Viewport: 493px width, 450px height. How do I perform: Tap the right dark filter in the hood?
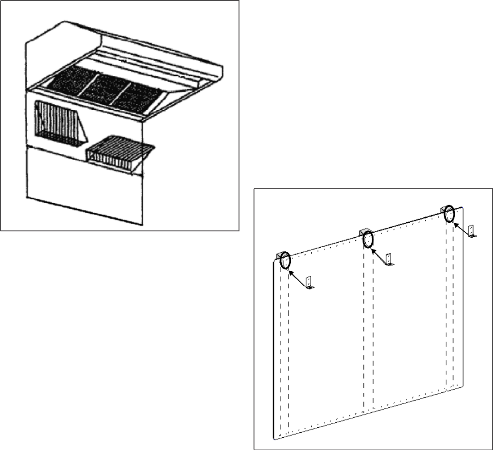[136, 96]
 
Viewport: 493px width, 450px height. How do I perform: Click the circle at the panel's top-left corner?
[285, 260]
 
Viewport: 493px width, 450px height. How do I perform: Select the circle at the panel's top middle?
[368, 239]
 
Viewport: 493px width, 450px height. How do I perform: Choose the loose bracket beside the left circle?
[309, 283]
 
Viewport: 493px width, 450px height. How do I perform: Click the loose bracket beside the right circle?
[472, 232]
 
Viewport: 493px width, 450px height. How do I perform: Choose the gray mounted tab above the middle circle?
[364, 231]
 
